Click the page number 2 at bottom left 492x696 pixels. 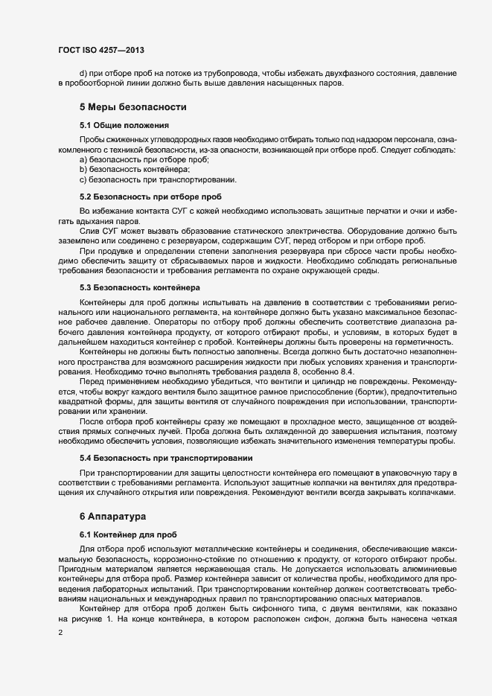point(50,633)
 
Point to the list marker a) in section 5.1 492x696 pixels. point(83,161)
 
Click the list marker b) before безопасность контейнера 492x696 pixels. point(83,170)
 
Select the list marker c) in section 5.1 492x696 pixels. point(83,180)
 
